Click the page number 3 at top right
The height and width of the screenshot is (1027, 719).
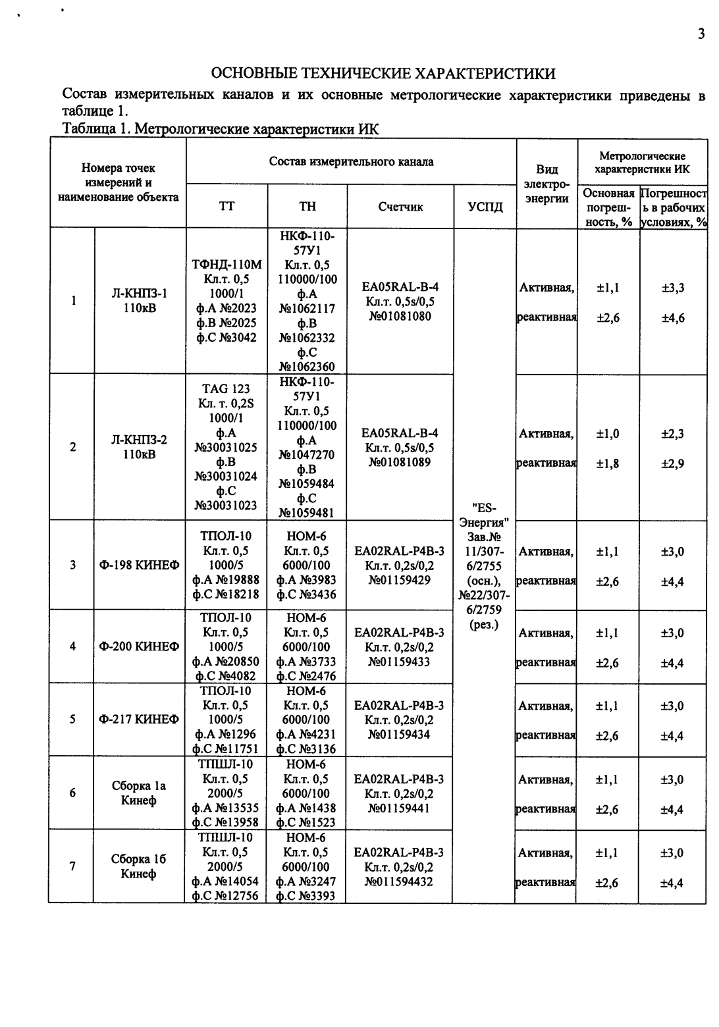701,34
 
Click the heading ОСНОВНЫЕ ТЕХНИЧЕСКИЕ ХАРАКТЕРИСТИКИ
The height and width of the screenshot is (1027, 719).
383,73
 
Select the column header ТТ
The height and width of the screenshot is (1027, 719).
226,207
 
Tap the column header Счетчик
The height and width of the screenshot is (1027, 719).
400,207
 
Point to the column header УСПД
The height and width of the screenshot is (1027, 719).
485,207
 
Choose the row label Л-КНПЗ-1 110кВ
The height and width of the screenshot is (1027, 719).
140,301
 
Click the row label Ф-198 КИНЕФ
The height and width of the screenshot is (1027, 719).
140,565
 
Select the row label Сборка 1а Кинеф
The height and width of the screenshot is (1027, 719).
139,793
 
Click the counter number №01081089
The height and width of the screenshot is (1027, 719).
400,462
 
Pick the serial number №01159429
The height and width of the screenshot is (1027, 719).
400,579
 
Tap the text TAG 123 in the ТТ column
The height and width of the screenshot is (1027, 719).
226,389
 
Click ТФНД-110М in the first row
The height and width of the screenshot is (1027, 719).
226,265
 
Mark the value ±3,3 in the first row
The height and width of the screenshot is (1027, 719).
672,288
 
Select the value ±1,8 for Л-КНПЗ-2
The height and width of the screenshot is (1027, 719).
607,463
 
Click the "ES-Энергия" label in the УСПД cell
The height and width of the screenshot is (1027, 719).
485,515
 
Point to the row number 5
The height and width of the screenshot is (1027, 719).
72,720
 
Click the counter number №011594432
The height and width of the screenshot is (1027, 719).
400,881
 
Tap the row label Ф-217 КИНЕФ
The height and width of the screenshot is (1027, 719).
139,720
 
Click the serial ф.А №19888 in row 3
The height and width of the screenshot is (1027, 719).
226,579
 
